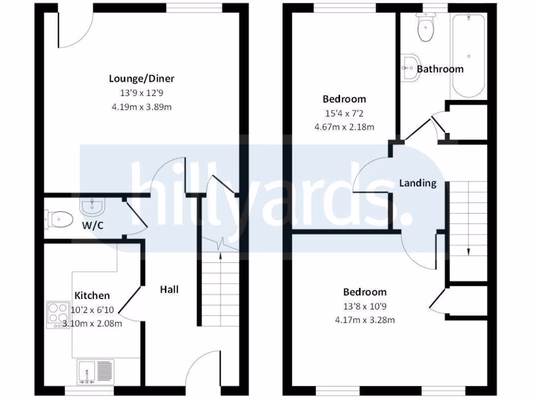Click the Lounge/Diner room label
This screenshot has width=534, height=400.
[141, 79]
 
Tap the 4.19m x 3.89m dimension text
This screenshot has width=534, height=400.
[141, 107]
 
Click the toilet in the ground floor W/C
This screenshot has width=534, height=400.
[58, 219]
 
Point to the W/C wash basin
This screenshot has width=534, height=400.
[92, 207]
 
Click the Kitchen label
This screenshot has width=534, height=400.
[92, 295]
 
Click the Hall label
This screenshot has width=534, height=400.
[169, 289]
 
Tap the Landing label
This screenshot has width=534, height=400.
[418, 183]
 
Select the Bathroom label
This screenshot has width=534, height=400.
[440, 69]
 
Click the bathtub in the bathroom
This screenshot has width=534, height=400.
[469, 56]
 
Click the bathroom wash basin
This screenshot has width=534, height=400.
[410, 67]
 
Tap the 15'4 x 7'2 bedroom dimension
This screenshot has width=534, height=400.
[344, 113]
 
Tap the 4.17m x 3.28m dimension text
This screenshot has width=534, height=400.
[365, 319]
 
